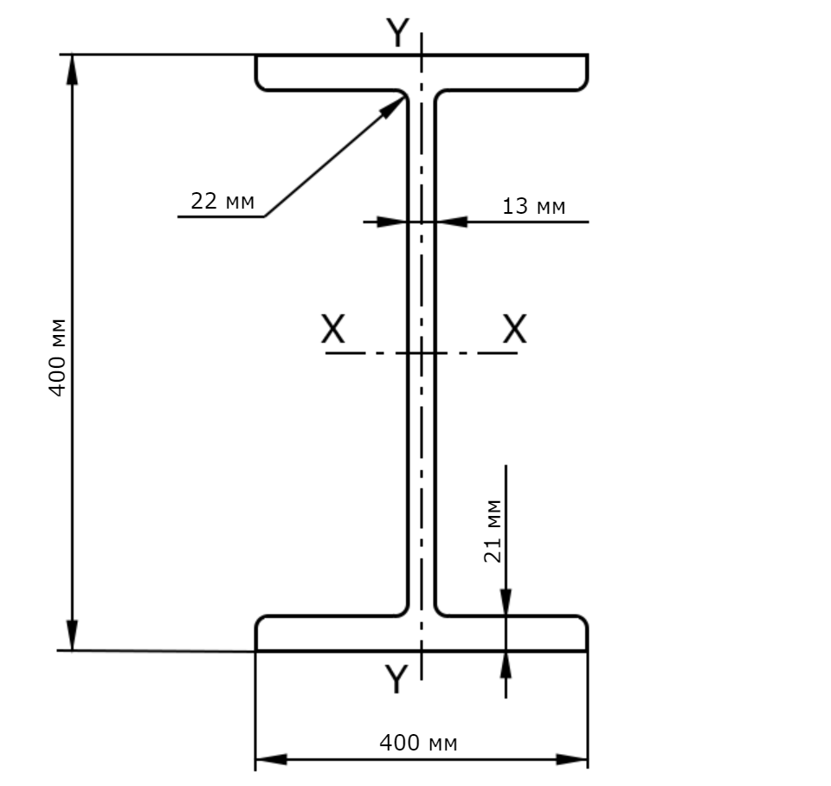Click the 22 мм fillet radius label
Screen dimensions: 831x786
click(222, 202)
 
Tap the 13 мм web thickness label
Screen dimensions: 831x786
click(534, 206)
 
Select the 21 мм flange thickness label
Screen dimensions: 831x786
click(493, 531)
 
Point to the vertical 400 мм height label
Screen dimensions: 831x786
click(57, 358)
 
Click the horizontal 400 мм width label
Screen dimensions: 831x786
click(418, 743)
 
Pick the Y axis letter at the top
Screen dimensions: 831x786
click(397, 32)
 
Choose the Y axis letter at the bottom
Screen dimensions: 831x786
click(396, 679)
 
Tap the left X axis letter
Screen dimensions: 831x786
click(332, 329)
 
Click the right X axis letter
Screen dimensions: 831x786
click(514, 329)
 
